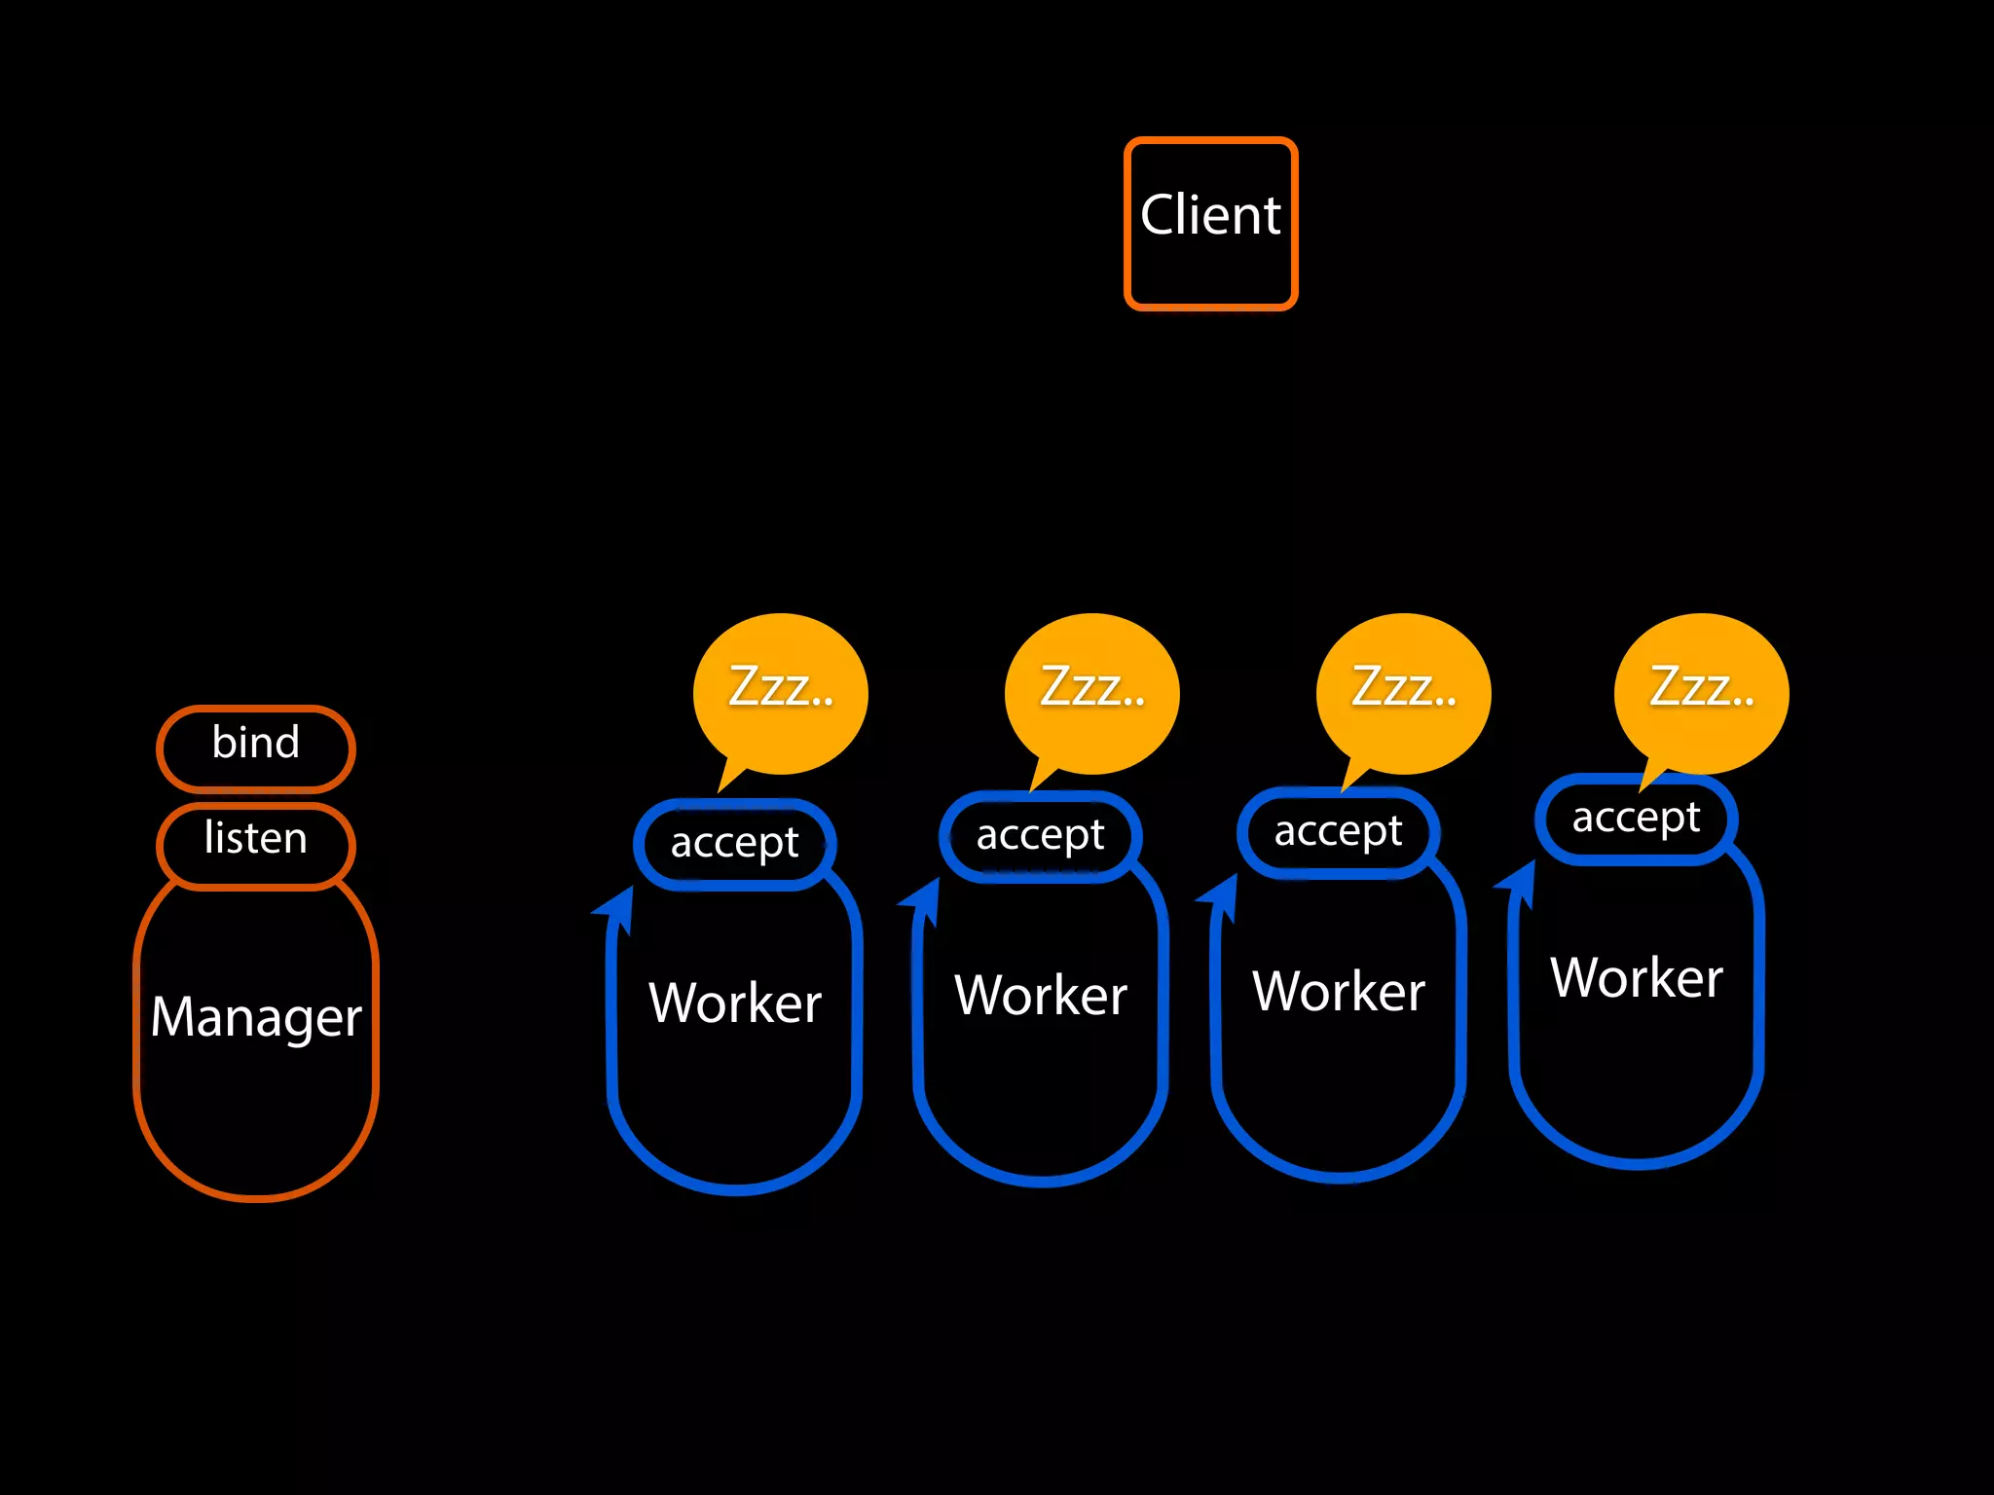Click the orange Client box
tap(1210, 224)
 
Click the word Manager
tap(256, 1017)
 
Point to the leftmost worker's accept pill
tap(734, 844)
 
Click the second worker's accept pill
tap(1040, 836)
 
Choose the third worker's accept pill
tap(1338, 832)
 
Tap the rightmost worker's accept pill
tap(1636, 819)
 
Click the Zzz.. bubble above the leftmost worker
tap(781, 691)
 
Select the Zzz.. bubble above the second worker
tap(1092, 691)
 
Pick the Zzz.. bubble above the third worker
tap(1404, 691)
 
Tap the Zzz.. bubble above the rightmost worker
tap(1702, 691)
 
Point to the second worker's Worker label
tap(1041, 995)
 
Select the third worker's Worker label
tap(1339, 991)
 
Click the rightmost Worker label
tap(1637, 977)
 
